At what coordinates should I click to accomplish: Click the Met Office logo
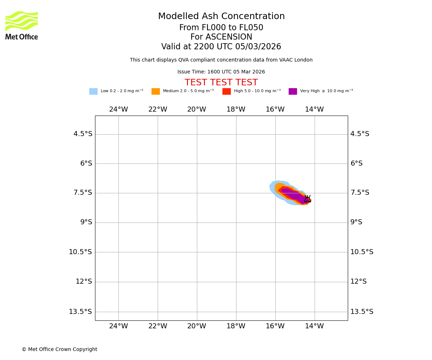tap(22, 25)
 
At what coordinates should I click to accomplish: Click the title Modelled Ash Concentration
tap(221, 17)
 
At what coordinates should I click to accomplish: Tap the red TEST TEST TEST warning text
tap(221, 83)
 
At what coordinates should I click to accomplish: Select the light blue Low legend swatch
tap(93, 91)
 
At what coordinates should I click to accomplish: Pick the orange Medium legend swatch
tap(156, 91)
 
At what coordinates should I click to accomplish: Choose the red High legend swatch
tap(226, 91)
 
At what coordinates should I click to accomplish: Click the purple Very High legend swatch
tap(293, 91)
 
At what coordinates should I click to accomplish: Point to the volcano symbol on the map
tap(307, 199)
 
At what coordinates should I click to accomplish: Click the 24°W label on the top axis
tap(118, 109)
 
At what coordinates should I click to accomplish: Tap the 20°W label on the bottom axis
tap(197, 326)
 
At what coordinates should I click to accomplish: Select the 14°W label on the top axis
tap(314, 109)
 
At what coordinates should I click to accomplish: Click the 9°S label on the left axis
tap(86, 222)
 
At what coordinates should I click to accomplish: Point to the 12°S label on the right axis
tap(358, 282)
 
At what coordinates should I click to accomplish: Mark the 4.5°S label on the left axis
tap(83, 134)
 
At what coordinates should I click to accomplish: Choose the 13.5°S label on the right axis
tap(361, 312)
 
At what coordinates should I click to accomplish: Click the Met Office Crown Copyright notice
tap(59, 350)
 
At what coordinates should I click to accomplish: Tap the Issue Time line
tap(221, 72)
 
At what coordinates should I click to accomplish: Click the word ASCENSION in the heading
tap(221, 37)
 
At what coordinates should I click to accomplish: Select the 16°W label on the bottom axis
tap(275, 326)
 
